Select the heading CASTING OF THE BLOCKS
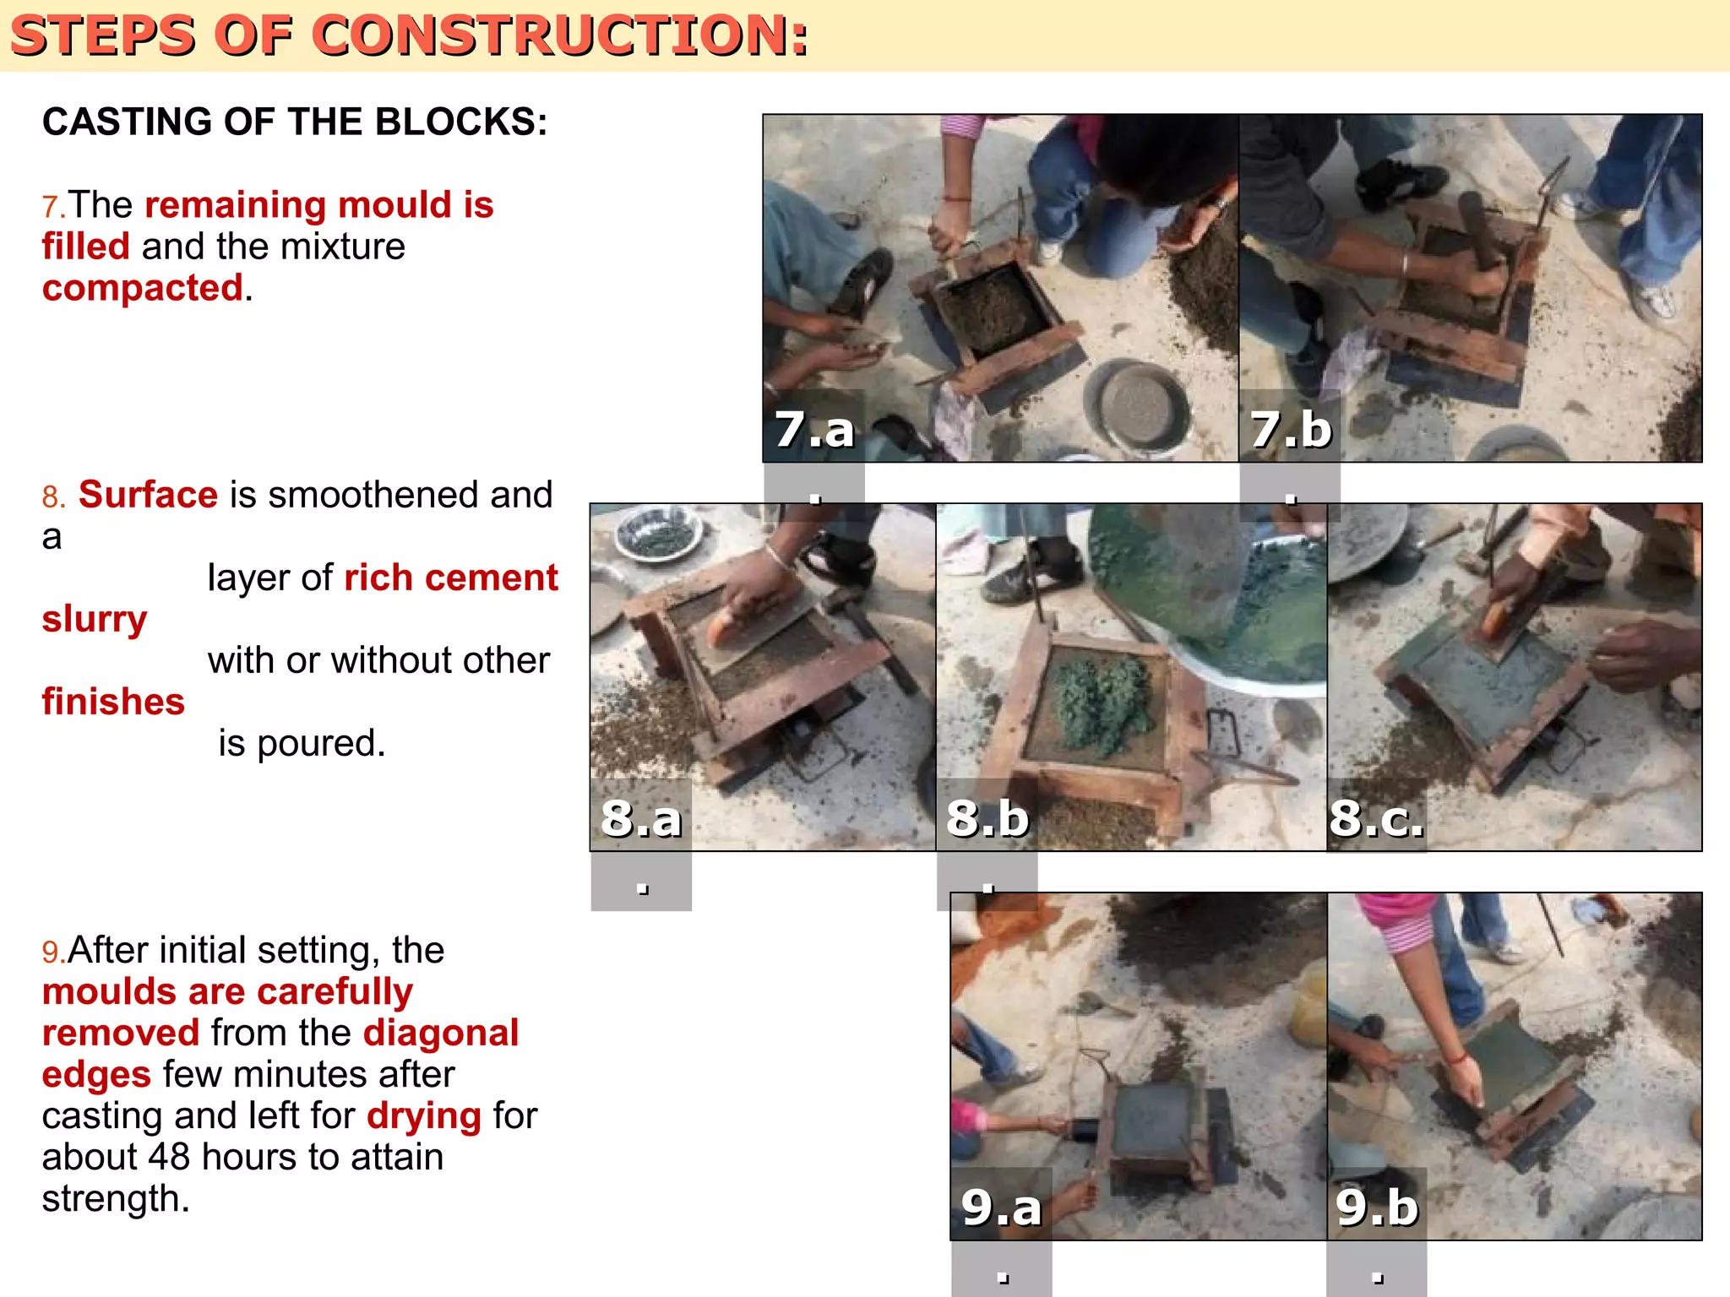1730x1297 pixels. pyautogui.click(x=295, y=122)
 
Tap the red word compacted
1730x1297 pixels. pyautogui.click(x=143, y=288)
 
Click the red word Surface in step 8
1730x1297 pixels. pyautogui.click(x=148, y=495)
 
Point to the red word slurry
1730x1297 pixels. pyautogui.click(x=95, y=619)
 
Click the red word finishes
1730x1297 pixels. pyautogui.click(x=113, y=702)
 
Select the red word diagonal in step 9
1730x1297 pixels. pyautogui.click(x=440, y=1033)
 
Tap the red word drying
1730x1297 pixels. pyautogui.click(x=424, y=1115)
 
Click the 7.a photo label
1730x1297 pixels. pyautogui.click(x=814, y=429)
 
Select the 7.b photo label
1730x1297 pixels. pyautogui.click(x=1290, y=429)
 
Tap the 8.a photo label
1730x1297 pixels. pyautogui.click(x=640, y=817)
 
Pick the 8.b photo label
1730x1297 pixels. pyautogui.click(x=987, y=817)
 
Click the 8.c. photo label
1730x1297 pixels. pyautogui.click(x=1376, y=817)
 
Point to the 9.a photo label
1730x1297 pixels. pyautogui.click(x=1001, y=1207)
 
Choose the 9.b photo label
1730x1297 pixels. pyautogui.click(x=1376, y=1207)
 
